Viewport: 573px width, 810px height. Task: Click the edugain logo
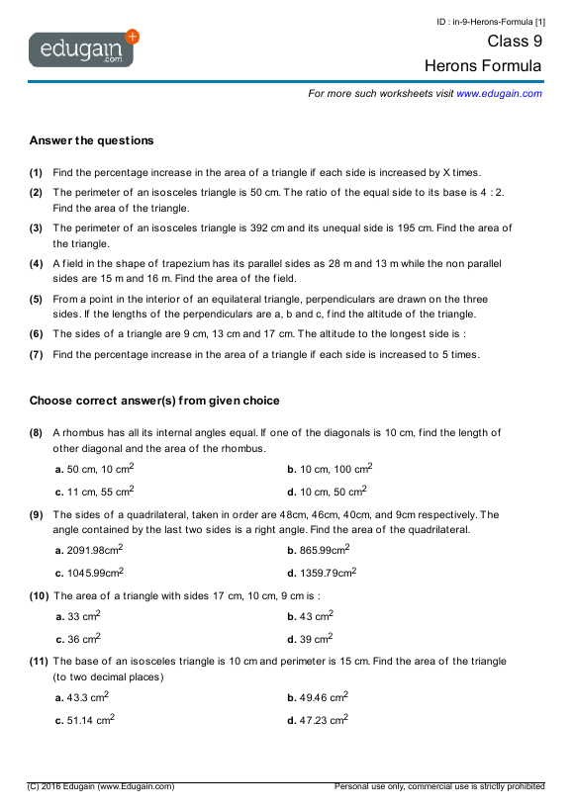[x=83, y=48]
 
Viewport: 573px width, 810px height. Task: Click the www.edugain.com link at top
[x=499, y=93]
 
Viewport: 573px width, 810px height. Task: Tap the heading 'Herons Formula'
[x=483, y=66]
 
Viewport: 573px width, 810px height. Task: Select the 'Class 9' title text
[x=515, y=42]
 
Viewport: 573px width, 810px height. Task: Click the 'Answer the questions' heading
[x=91, y=140]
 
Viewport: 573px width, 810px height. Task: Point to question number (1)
[x=36, y=171]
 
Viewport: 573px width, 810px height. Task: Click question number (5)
[x=36, y=299]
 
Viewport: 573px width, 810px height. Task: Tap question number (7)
[x=36, y=354]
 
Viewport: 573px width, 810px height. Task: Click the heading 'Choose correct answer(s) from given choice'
[x=154, y=401]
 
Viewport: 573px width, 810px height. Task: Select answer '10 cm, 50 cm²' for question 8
[x=332, y=492]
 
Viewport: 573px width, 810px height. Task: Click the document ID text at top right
[x=490, y=21]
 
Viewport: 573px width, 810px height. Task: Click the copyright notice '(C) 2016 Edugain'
[x=101, y=786]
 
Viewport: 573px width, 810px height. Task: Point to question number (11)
[x=38, y=662]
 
